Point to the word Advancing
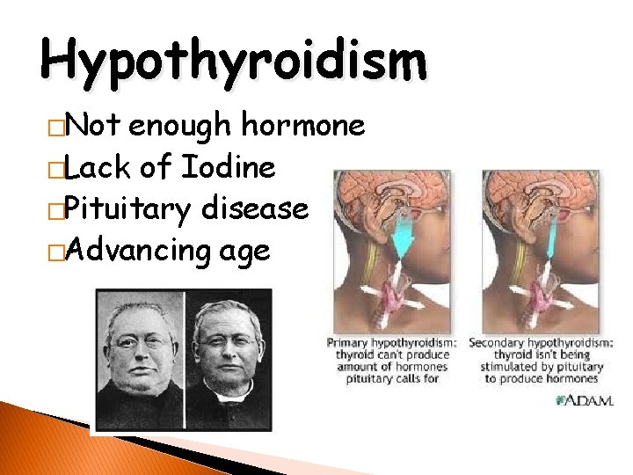(x=139, y=251)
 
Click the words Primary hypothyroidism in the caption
(x=392, y=343)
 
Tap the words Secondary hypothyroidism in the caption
(x=542, y=343)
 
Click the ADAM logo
(x=584, y=400)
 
